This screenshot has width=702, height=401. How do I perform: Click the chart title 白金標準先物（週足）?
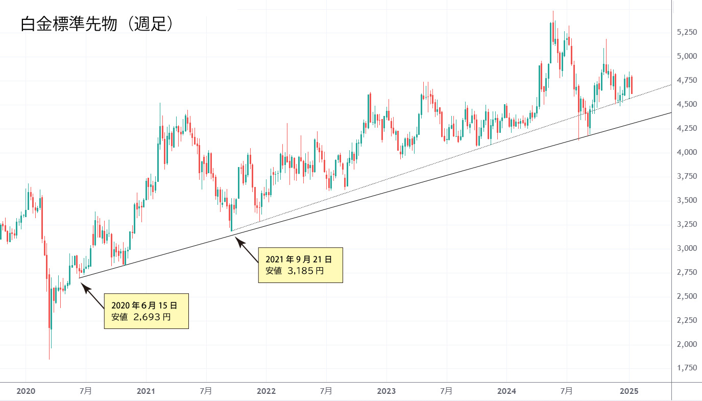coord(98,25)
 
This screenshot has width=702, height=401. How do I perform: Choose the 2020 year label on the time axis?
coord(26,391)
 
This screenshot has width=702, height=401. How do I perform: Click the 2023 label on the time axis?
coord(386,391)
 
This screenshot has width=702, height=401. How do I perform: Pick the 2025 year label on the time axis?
coord(629,391)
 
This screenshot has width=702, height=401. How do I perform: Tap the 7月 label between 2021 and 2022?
coord(206,391)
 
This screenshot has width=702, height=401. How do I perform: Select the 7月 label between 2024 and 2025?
coord(567,391)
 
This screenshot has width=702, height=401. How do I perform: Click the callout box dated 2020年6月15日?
coord(146,311)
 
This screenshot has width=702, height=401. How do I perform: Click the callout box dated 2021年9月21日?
coord(300,265)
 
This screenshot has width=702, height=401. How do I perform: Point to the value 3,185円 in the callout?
coord(305,271)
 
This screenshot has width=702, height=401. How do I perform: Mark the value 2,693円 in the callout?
coord(152,317)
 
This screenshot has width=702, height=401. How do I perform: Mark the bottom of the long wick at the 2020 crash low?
coord(49,360)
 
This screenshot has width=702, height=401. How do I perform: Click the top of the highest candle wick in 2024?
coord(553,11)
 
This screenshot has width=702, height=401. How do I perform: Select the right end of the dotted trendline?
coord(671,85)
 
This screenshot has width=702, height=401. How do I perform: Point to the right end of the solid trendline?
coord(671,113)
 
